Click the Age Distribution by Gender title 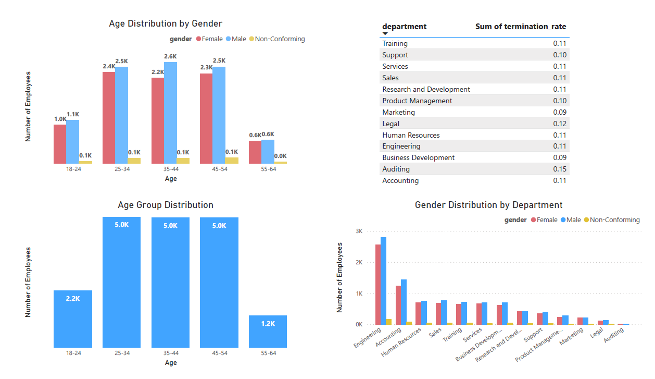point(166,23)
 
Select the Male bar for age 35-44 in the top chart point(170,113)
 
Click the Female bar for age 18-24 point(60,144)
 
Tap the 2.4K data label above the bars point(108,66)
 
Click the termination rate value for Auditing point(559,169)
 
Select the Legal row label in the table point(391,124)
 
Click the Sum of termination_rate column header point(520,27)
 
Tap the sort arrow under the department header point(385,34)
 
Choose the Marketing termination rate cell point(559,112)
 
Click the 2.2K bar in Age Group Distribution point(73,319)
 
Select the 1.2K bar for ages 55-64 point(268,332)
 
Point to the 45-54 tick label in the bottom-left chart point(219,353)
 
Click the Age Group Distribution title point(166,205)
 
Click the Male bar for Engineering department point(383,281)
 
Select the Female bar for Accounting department point(398,305)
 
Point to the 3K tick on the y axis point(358,231)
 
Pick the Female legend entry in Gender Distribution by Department point(544,220)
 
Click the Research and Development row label point(426,89)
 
